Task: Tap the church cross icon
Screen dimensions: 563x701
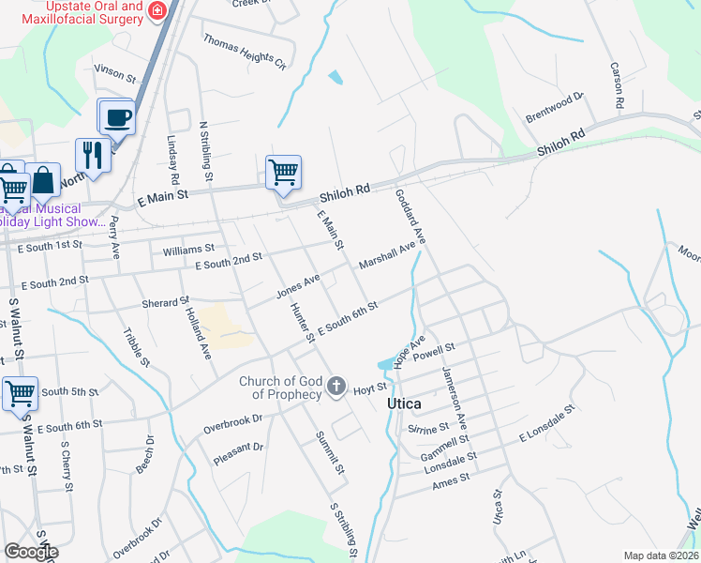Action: (337, 386)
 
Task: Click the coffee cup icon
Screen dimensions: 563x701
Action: (117, 118)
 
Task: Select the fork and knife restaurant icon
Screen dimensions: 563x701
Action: (93, 155)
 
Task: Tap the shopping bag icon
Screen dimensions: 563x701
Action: (42, 180)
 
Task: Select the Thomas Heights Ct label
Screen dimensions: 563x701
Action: (245, 53)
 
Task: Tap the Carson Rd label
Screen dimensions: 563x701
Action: (617, 87)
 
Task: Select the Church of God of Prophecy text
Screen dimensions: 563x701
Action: (279, 388)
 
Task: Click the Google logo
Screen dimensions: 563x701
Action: (31, 552)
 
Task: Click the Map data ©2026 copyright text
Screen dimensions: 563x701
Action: (660, 555)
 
